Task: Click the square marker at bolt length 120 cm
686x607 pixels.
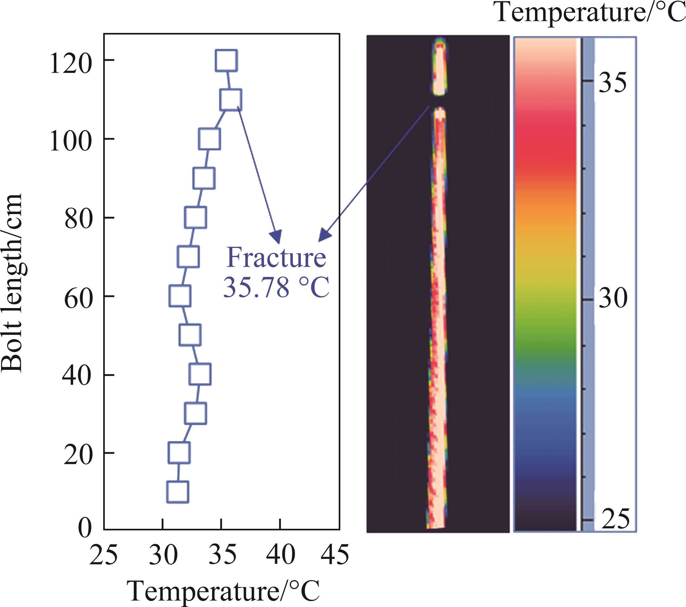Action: coord(227,60)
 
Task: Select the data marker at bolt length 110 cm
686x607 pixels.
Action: coord(230,100)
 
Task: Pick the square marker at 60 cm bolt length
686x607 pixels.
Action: coord(180,296)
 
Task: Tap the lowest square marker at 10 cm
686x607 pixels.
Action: coord(178,492)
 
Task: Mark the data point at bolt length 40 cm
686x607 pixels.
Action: coord(200,374)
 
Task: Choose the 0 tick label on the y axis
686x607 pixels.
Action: coord(85,528)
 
